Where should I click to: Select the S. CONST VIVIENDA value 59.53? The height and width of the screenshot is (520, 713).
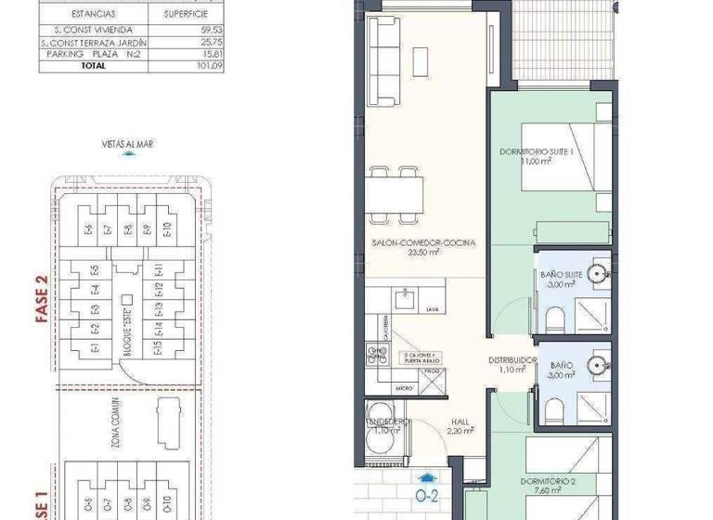click(214, 31)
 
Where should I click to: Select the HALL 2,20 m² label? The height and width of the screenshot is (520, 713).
click(460, 424)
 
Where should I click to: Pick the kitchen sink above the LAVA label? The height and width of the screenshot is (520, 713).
click(404, 298)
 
